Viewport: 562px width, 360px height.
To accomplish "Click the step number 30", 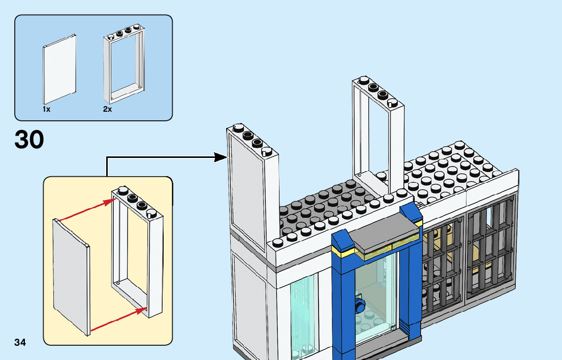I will tap(29, 140).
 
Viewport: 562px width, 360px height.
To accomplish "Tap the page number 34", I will tap(20, 342).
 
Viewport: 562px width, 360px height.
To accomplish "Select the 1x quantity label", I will tap(46, 109).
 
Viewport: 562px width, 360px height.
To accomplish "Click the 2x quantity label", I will tap(107, 109).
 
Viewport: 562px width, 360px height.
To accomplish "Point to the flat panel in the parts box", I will tap(60, 69).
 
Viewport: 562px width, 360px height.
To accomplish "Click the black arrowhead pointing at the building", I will tap(221, 157).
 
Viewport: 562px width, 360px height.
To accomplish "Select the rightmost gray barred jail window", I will tap(490, 249).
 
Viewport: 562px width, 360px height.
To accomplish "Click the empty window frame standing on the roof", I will tap(378, 132).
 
